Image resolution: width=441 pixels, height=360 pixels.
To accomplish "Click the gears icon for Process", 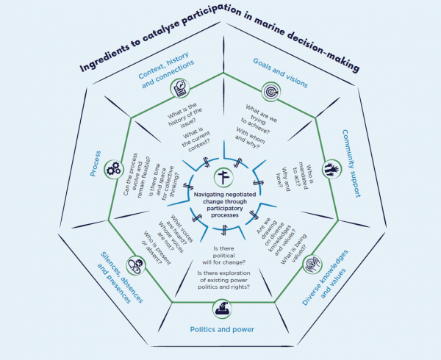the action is tap(113, 169).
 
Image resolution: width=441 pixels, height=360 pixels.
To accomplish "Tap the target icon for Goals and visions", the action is tap(271, 92).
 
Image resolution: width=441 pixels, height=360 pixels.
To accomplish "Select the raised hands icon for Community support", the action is tap(331, 170).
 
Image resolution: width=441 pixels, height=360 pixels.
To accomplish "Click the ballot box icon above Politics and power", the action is tap(223, 309).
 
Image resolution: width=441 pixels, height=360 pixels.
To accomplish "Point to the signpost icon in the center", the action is tap(223, 178).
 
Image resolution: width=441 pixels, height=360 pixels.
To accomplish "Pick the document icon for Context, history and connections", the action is tap(180, 88).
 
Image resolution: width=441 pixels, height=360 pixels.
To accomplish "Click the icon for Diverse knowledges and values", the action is tap(312, 264).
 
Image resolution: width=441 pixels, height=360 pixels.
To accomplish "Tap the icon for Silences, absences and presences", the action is tap(136, 265).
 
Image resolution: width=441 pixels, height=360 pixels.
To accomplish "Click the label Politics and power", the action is tap(222, 329).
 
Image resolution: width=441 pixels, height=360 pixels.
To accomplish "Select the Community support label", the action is tap(351, 163).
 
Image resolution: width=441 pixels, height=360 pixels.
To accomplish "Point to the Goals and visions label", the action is tap(281, 73).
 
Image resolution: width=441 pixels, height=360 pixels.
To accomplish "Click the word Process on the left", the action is tap(96, 164).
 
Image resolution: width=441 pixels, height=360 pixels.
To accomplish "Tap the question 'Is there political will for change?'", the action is tap(224, 256).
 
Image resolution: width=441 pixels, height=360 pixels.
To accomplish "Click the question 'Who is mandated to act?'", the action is tap(303, 177).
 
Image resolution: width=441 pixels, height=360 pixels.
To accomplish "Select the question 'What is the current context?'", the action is tap(196, 140).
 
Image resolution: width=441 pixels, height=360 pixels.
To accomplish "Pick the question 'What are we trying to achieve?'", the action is tap(259, 120).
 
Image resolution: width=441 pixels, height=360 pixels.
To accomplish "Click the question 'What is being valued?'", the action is tap(294, 249).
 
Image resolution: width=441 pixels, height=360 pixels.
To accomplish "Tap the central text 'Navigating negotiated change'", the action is tap(225, 198).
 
